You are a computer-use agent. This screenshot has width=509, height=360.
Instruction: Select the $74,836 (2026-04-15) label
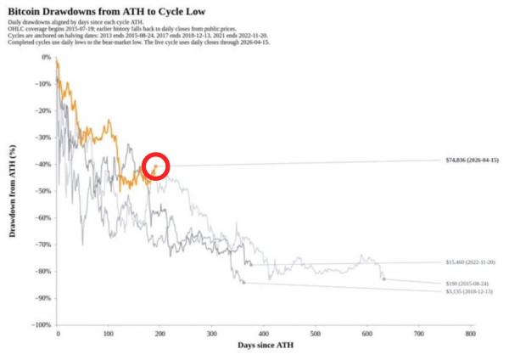[x=473, y=160]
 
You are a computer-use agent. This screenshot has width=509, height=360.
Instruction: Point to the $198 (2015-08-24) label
[x=467, y=283]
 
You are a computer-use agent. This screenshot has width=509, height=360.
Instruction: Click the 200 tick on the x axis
[x=160, y=335]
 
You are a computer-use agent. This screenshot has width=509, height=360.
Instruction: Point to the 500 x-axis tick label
[x=316, y=335]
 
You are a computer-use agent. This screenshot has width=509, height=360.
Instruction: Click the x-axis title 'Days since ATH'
[x=263, y=348]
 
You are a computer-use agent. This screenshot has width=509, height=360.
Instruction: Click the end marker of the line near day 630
[x=383, y=278]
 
